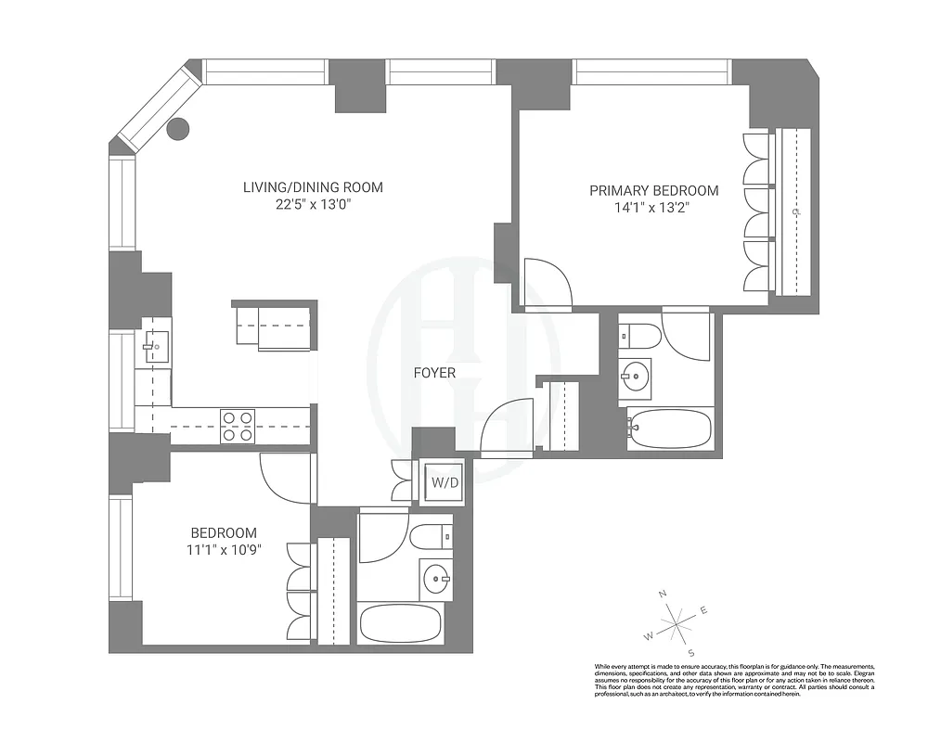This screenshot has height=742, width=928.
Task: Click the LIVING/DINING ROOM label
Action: pyautogui.click(x=313, y=188)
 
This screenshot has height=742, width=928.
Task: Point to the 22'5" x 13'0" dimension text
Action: pyautogui.click(x=313, y=206)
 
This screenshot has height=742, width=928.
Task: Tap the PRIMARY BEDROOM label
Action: pyautogui.click(x=654, y=191)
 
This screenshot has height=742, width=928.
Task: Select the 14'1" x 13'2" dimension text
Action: pyautogui.click(x=654, y=209)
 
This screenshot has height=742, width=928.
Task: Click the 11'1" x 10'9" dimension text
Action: pyautogui.click(x=224, y=550)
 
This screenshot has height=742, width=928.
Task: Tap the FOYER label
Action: pyautogui.click(x=434, y=373)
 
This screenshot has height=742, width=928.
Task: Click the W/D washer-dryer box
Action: pyautogui.click(x=438, y=481)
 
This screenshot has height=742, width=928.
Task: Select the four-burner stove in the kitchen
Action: pyautogui.click(x=238, y=426)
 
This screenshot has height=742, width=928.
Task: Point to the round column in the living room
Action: pyautogui.click(x=177, y=129)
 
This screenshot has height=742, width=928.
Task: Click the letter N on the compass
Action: pyautogui.click(x=663, y=594)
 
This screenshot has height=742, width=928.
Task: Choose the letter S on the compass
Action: pyautogui.click(x=690, y=652)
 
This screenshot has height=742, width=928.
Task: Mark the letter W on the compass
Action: pyautogui.click(x=649, y=636)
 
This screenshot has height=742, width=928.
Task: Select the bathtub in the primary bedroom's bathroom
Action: pyautogui.click(x=669, y=429)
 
